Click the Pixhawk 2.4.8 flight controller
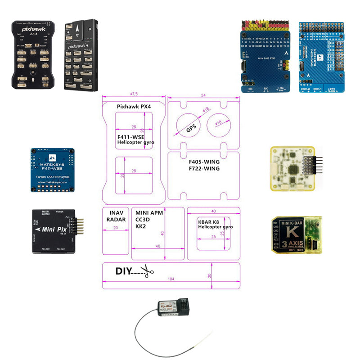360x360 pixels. tap(33, 54)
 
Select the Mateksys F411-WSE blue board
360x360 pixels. tap(52, 170)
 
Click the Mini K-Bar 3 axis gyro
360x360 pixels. tap(296, 234)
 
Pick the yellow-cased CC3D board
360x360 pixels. tap(292, 169)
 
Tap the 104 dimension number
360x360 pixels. tap(171, 279)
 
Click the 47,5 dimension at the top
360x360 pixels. tap(134, 94)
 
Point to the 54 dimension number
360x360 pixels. tap(203, 96)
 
